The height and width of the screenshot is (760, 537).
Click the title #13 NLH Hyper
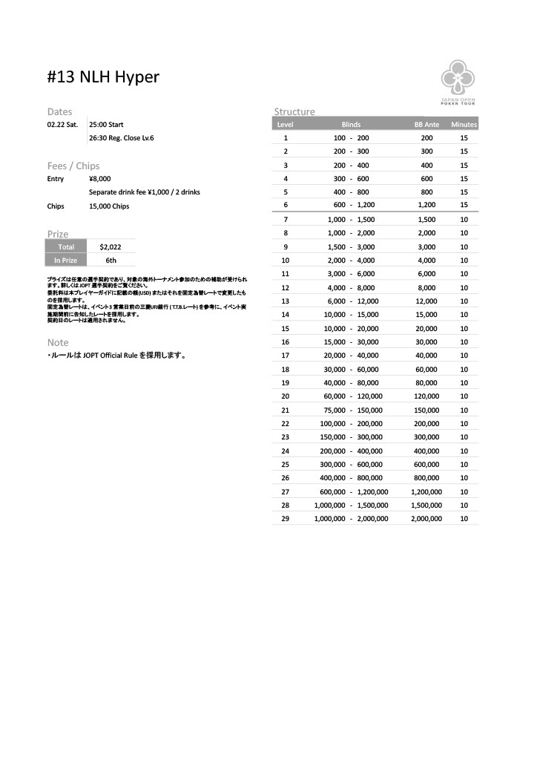[x=103, y=77]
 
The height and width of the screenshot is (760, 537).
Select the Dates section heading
[x=60, y=111]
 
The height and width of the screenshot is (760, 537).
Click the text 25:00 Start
[x=106, y=125]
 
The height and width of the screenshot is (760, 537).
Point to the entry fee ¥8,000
[x=99, y=179]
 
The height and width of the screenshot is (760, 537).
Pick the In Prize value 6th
[x=111, y=261]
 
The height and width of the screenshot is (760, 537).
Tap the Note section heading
[x=58, y=342]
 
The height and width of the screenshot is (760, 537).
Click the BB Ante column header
[x=426, y=125]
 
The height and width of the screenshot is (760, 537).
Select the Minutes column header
[x=464, y=125]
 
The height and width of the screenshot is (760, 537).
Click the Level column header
[x=286, y=125]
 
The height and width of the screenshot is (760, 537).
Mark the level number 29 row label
[x=286, y=518]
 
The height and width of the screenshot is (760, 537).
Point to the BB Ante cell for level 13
[x=426, y=301]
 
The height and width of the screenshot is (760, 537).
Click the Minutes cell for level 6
[x=464, y=205]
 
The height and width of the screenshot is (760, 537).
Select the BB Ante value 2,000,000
[x=426, y=518]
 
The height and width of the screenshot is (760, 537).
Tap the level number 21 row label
[x=286, y=410]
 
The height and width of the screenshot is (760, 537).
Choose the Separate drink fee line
[x=144, y=192]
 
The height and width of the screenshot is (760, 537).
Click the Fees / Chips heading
[x=73, y=166]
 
